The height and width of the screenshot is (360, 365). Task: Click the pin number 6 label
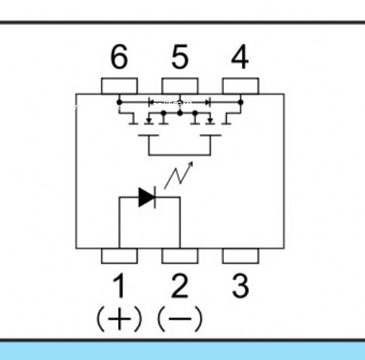(x=119, y=57)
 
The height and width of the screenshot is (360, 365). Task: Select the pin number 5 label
(x=180, y=57)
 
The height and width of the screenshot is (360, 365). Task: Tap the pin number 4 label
(x=240, y=57)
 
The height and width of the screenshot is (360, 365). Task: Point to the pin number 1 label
(x=119, y=286)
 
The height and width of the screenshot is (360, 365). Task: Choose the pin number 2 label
(x=180, y=286)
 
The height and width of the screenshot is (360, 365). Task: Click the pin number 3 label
(x=240, y=286)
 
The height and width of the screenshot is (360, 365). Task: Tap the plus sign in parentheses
(x=120, y=319)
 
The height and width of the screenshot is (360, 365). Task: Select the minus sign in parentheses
(x=180, y=319)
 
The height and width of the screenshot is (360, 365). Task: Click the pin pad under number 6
(x=120, y=86)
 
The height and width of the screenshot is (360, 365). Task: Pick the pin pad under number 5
(x=180, y=86)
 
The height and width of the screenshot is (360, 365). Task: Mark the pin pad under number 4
(x=240, y=86)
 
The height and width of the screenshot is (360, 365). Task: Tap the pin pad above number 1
(x=120, y=256)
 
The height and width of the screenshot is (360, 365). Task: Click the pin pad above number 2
(x=180, y=256)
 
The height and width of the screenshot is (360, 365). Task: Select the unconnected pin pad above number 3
(x=240, y=256)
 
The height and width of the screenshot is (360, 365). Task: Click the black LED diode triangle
(x=145, y=197)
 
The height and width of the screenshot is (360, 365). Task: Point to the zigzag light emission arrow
(x=179, y=175)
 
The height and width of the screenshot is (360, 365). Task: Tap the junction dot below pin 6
(x=120, y=102)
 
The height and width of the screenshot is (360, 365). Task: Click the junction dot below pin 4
(x=240, y=102)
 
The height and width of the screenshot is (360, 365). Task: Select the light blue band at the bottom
(x=182, y=351)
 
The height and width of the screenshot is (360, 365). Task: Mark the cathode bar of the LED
(x=155, y=197)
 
